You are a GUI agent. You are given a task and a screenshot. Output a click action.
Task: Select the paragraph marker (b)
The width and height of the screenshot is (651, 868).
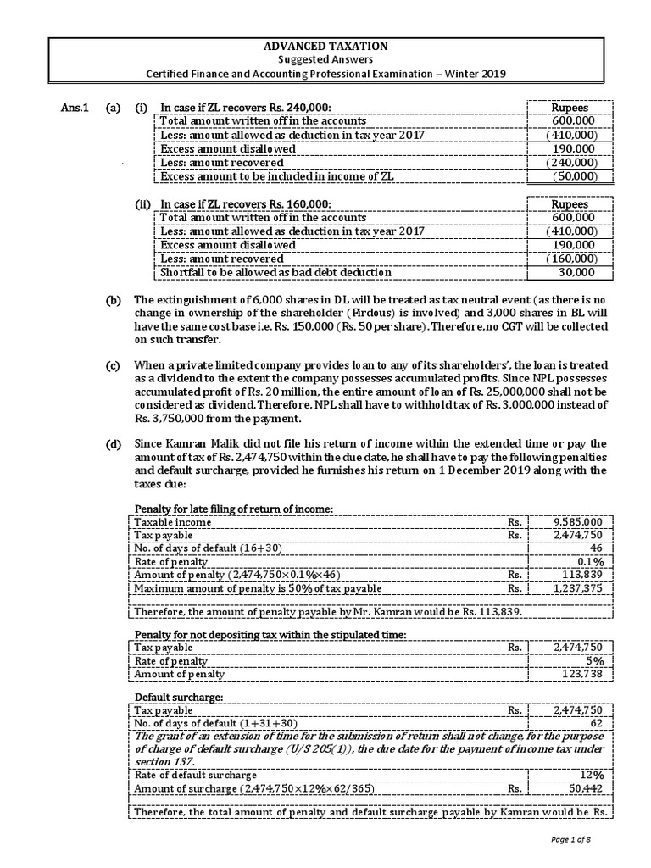pos(112,301)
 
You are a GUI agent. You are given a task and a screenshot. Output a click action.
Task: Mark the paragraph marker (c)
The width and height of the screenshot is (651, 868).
pos(112,365)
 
